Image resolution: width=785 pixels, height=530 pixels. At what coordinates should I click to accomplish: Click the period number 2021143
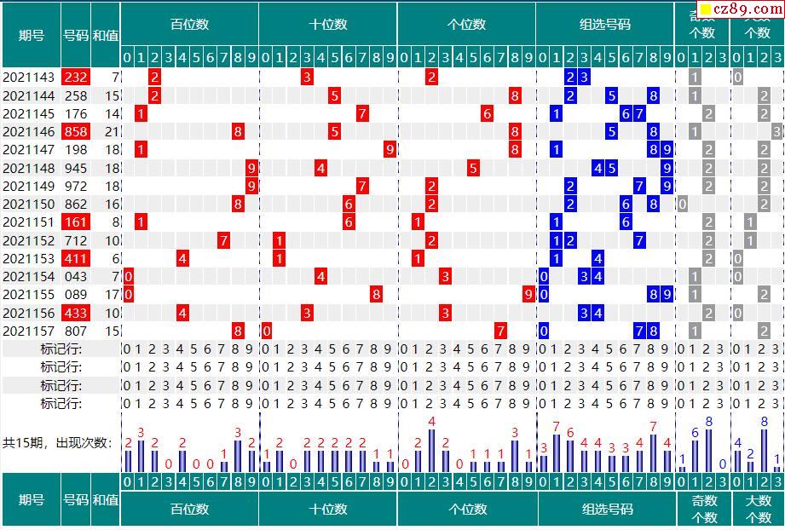click(x=29, y=78)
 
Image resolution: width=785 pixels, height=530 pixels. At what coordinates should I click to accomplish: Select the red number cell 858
click(x=76, y=132)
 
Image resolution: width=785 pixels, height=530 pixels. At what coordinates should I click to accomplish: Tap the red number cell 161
click(x=76, y=222)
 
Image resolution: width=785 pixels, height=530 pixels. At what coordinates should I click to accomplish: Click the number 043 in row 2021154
click(x=76, y=277)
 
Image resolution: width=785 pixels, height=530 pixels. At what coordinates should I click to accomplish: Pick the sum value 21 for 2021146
click(x=112, y=132)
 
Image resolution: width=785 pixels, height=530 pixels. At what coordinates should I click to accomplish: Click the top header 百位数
click(x=189, y=25)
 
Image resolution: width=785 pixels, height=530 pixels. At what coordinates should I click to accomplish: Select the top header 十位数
click(x=328, y=25)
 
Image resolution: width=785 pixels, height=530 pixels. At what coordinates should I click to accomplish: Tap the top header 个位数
click(x=466, y=25)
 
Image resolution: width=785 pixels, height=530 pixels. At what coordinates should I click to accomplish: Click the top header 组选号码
click(x=605, y=25)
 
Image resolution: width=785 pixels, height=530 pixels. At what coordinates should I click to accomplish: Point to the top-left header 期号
click(x=32, y=36)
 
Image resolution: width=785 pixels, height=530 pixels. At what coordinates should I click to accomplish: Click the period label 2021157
click(x=29, y=331)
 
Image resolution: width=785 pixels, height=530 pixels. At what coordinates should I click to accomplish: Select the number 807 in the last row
click(x=76, y=331)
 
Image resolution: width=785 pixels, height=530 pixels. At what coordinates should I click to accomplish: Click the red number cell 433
click(x=76, y=314)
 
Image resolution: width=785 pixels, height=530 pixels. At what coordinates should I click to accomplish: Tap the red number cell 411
click(x=76, y=259)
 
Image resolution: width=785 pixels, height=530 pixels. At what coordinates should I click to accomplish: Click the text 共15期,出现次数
click(x=57, y=443)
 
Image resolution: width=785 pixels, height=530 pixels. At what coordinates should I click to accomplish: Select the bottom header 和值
click(x=106, y=500)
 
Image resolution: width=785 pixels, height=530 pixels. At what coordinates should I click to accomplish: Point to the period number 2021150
click(x=29, y=205)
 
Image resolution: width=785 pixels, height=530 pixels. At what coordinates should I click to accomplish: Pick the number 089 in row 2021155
click(x=76, y=295)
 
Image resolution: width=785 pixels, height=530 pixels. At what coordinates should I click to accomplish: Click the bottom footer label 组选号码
click(x=608, y=510)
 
